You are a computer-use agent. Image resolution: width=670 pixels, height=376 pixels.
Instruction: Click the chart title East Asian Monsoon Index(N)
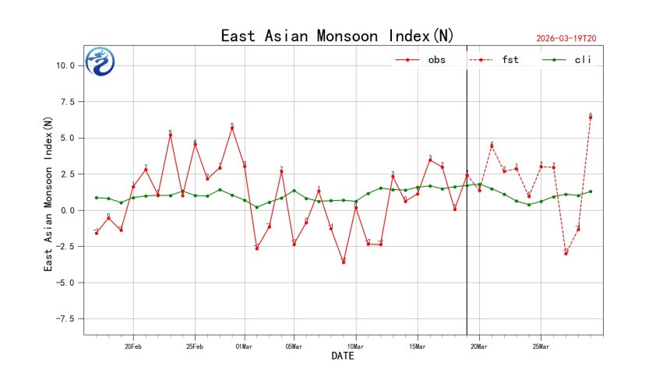[x=337, y=37]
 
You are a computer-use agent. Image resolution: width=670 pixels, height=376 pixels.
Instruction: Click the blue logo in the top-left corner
[x=100, y=61]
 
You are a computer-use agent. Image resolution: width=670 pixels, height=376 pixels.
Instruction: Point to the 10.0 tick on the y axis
[x=64, y=65]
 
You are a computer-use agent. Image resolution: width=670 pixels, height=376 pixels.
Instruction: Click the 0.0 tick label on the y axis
[x=68, y=210]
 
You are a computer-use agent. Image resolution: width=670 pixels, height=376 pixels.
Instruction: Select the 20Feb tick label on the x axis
[x=132, y=346]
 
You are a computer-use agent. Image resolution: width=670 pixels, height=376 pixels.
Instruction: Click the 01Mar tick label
[x=244, y=346]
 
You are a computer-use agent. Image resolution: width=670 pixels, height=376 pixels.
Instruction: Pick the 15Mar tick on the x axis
[x=418, y=346]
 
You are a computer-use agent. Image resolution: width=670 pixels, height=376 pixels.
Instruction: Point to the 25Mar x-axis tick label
[x=541, y=346]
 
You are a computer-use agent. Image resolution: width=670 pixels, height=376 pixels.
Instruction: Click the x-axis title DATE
[x=343, y=357]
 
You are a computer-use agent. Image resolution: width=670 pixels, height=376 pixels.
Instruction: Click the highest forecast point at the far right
[x=591, y=118]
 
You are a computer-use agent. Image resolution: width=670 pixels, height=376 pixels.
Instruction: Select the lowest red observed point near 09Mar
[x=344, y=262]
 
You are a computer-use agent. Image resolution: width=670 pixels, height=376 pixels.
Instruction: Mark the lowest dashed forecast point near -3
[x=566, y=254]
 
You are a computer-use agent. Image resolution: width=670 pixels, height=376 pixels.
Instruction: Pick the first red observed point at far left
[x=96, y=233]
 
